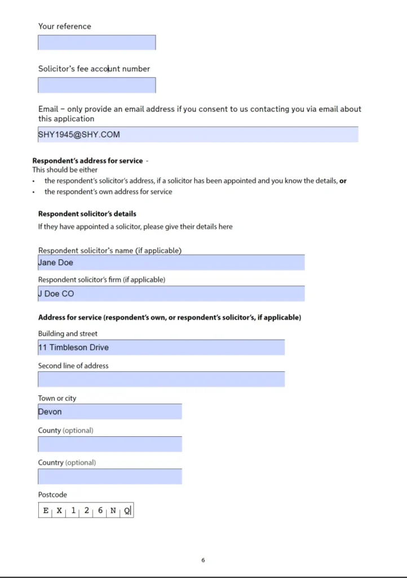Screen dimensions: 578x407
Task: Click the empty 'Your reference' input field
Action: (96, 42)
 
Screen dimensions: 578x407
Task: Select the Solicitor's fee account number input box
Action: (96, 85)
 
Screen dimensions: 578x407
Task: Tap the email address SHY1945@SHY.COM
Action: (79, 134)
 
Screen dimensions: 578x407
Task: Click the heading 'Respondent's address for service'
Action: (87, 161)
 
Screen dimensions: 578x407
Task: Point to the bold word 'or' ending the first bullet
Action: (343, 181)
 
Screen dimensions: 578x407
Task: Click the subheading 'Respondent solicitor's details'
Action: (87, 214)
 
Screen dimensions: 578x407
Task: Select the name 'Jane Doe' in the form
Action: (56, 262)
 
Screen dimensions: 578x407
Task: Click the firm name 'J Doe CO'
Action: (56, 294)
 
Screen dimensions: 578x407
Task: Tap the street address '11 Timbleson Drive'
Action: (73, 347)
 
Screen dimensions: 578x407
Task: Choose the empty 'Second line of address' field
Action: (161, 379)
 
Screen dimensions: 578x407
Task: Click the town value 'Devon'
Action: (50, 411)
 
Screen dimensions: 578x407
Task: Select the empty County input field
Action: (110, 444)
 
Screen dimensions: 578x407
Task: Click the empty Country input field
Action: (110, 476)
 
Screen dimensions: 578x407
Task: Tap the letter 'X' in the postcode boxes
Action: (59, 511)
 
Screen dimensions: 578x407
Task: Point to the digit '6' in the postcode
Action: (100, 511)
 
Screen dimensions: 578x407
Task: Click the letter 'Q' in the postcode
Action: (127, 511)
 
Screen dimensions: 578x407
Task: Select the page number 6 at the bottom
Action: (203, 561)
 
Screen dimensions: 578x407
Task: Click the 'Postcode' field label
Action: (52, 495)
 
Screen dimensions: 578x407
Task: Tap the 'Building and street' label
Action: (68, 334)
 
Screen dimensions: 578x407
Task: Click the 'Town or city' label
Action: (57, 399)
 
